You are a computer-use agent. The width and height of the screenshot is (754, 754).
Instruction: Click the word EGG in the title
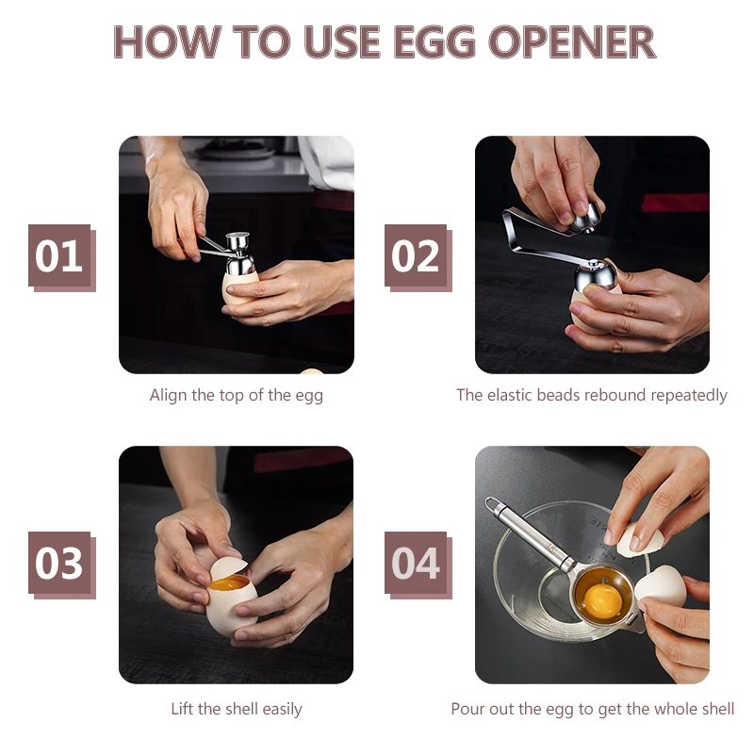[434, 41]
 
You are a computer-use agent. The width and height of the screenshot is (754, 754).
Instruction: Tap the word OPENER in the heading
[572, 41]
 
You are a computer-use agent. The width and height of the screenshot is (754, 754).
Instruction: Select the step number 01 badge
[61, 257]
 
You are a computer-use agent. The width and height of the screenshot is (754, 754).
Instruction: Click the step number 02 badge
[418, 257]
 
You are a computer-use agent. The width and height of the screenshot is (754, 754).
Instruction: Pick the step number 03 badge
[61, 565]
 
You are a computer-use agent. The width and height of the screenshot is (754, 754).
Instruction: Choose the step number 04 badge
[418, 565]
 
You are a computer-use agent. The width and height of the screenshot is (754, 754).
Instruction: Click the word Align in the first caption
[168, 396]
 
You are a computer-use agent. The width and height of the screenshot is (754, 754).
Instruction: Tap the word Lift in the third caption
[182, 709]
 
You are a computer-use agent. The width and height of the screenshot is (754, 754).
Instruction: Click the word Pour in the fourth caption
[466, 709]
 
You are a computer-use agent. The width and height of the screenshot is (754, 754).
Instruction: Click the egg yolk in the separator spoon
[602, 601]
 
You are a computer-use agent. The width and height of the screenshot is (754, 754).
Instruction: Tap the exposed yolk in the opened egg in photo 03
[228, 584]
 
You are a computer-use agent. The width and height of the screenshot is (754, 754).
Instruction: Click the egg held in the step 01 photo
[239, 287]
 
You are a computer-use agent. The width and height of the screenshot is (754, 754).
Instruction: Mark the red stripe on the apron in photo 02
[674, 203]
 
